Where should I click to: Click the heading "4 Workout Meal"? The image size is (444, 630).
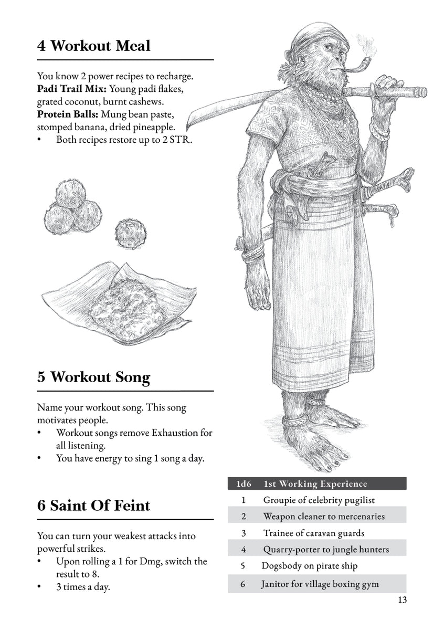pyautogui.click(x=93, y=46)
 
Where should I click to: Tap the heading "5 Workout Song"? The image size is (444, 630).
pyautogui.click(x=93, y=377)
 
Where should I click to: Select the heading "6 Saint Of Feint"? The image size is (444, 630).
pyautogui.click(x=93, y=506)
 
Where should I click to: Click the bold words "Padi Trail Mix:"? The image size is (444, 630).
pyautogui.click(x=71, y=89)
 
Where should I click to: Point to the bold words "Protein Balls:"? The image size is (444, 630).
pyautogui.click(x=67, y=114)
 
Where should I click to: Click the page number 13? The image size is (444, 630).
pyautogui.click(x=401, y=600)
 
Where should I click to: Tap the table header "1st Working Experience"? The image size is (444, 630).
pyautogui.click(x=315, y=484)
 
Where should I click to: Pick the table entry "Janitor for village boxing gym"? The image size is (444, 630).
pyautogui.click(x=320, y=584)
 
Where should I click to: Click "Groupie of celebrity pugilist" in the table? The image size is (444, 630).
pyautogui.click(x=319, y=500)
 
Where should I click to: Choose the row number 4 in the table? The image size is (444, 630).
pyautogui.click(x=244, y=550)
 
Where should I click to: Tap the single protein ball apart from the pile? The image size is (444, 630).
pyautogui.click(x=130, y=234)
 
